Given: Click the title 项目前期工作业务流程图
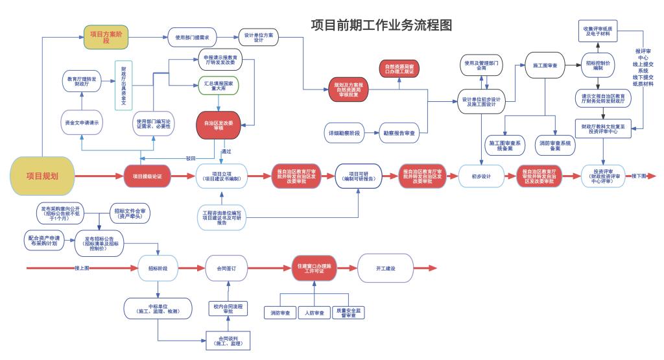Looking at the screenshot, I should click(381, 25).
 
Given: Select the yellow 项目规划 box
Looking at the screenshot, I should click(42, 175).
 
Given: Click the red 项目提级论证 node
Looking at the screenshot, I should click(151, 176).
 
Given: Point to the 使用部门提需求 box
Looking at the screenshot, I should click(192, 37).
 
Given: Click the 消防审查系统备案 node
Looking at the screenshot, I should click(555, 145).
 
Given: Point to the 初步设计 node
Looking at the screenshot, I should click(482, 176).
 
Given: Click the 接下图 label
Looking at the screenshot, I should click(639, 176).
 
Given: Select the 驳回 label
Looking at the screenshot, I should click(190, 158).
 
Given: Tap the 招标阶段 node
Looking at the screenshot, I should click(158, 268).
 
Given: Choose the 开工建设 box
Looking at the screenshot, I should click(385, 268).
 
